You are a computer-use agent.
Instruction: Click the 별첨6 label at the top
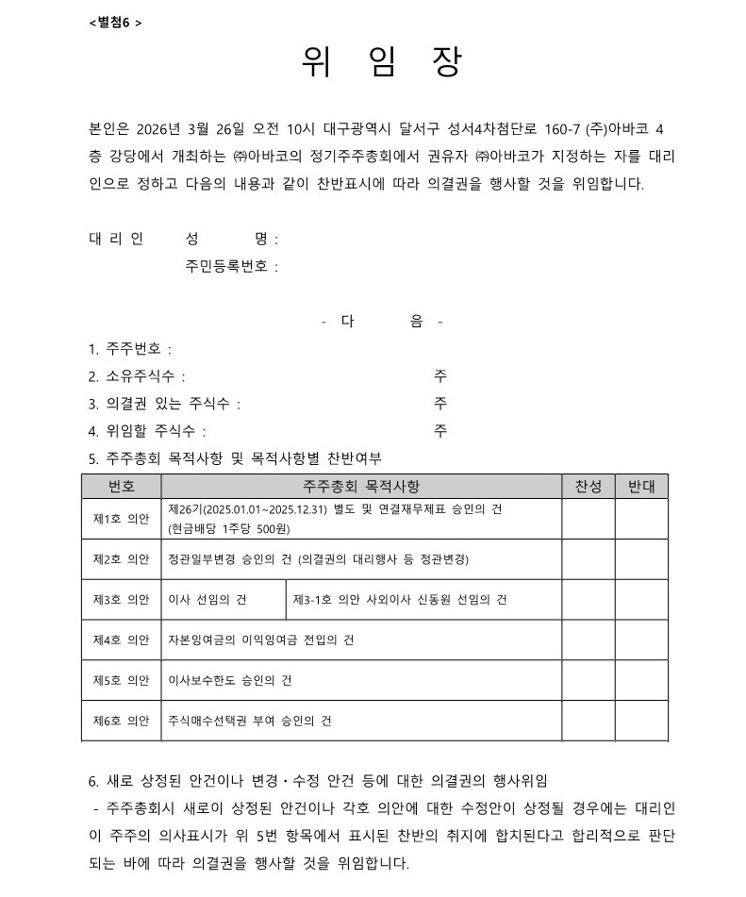114,22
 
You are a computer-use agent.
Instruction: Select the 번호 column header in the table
121,487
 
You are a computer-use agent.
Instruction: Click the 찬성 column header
588,487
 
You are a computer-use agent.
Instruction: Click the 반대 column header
641,487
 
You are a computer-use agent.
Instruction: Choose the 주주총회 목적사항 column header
361,487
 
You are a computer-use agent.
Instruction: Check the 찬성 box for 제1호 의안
588,519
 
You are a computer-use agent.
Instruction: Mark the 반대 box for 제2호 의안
641,559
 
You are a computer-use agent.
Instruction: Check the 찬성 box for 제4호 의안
588,640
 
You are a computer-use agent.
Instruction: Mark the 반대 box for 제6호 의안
641,721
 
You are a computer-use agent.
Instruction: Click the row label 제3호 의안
121,600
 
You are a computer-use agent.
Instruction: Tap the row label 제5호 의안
121,680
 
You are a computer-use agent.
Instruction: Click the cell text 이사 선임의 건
207,600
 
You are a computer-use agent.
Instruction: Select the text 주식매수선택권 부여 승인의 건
250,721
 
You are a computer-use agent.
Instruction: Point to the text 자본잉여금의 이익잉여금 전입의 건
260,640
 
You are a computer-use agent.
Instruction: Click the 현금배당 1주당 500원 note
228,529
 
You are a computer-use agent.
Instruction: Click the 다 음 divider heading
381,322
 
